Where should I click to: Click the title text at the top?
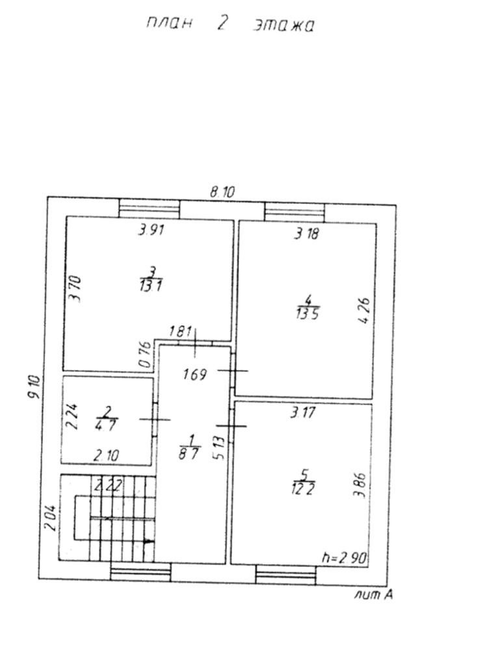230,24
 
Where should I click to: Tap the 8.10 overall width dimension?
222,192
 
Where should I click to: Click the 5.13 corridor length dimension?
219,447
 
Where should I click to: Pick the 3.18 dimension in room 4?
306,234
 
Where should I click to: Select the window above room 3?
149,209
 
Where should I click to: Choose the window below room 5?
285,574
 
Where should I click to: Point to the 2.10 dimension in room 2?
105,455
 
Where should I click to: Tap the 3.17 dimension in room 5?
303,412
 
